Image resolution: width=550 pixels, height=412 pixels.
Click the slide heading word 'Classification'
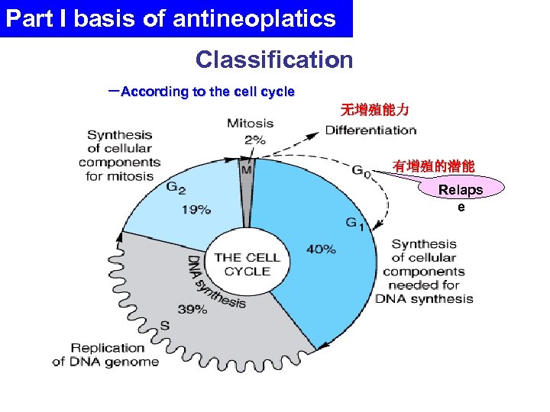coord(274,60)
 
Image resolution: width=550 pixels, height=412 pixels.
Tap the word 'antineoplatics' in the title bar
coord(254,18)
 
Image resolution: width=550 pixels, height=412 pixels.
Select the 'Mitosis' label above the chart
coord(250,123)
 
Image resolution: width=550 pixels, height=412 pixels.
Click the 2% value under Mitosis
coord(254,139)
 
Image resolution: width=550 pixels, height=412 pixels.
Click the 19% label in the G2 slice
coord(196,210)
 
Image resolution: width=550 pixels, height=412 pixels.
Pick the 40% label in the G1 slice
coord(321,248)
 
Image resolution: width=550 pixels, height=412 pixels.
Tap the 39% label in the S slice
coord(192,309)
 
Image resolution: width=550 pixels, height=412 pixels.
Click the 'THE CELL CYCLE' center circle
coord(247,264)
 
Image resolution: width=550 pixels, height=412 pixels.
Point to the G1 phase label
coord(355,224)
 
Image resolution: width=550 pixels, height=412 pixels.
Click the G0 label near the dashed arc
coord(361,171)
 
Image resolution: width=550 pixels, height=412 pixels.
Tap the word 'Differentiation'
coord(370,130)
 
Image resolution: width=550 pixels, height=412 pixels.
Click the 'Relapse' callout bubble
coord(461,197)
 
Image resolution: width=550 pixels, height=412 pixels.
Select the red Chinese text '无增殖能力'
coord(374,111)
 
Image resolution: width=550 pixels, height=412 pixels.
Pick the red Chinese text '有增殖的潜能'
coord(432,165)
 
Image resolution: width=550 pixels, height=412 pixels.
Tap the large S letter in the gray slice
coord(163,325)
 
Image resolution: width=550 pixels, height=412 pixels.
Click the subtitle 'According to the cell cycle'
coord(207,92)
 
